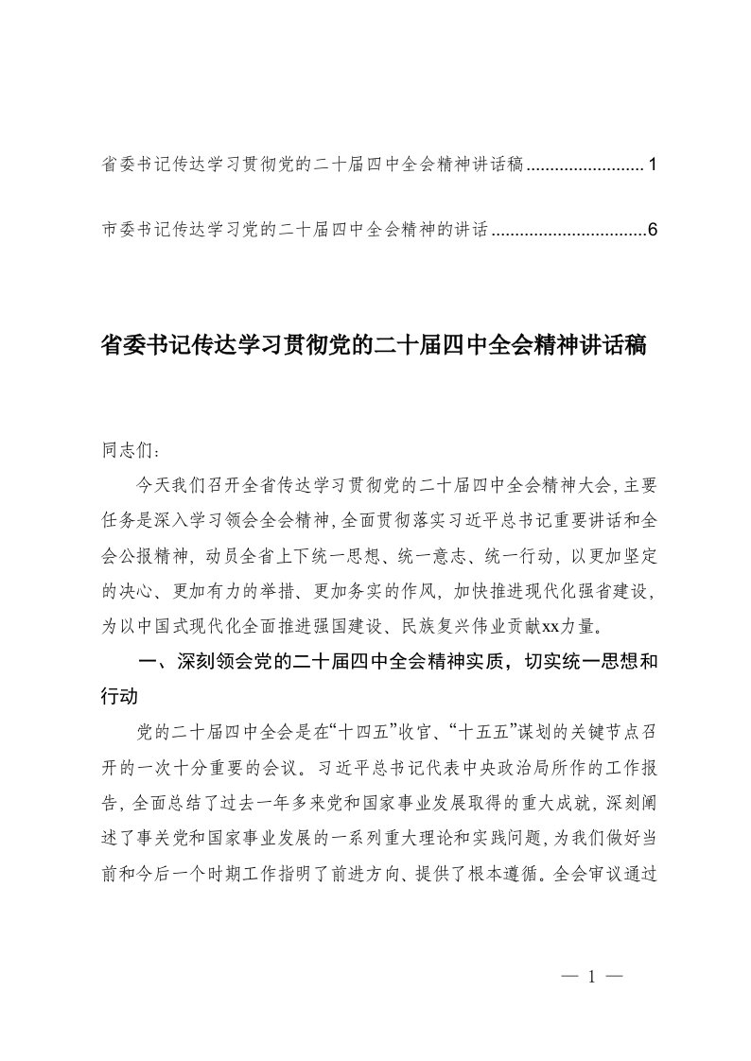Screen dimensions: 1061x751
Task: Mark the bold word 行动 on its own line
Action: [120, 695]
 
